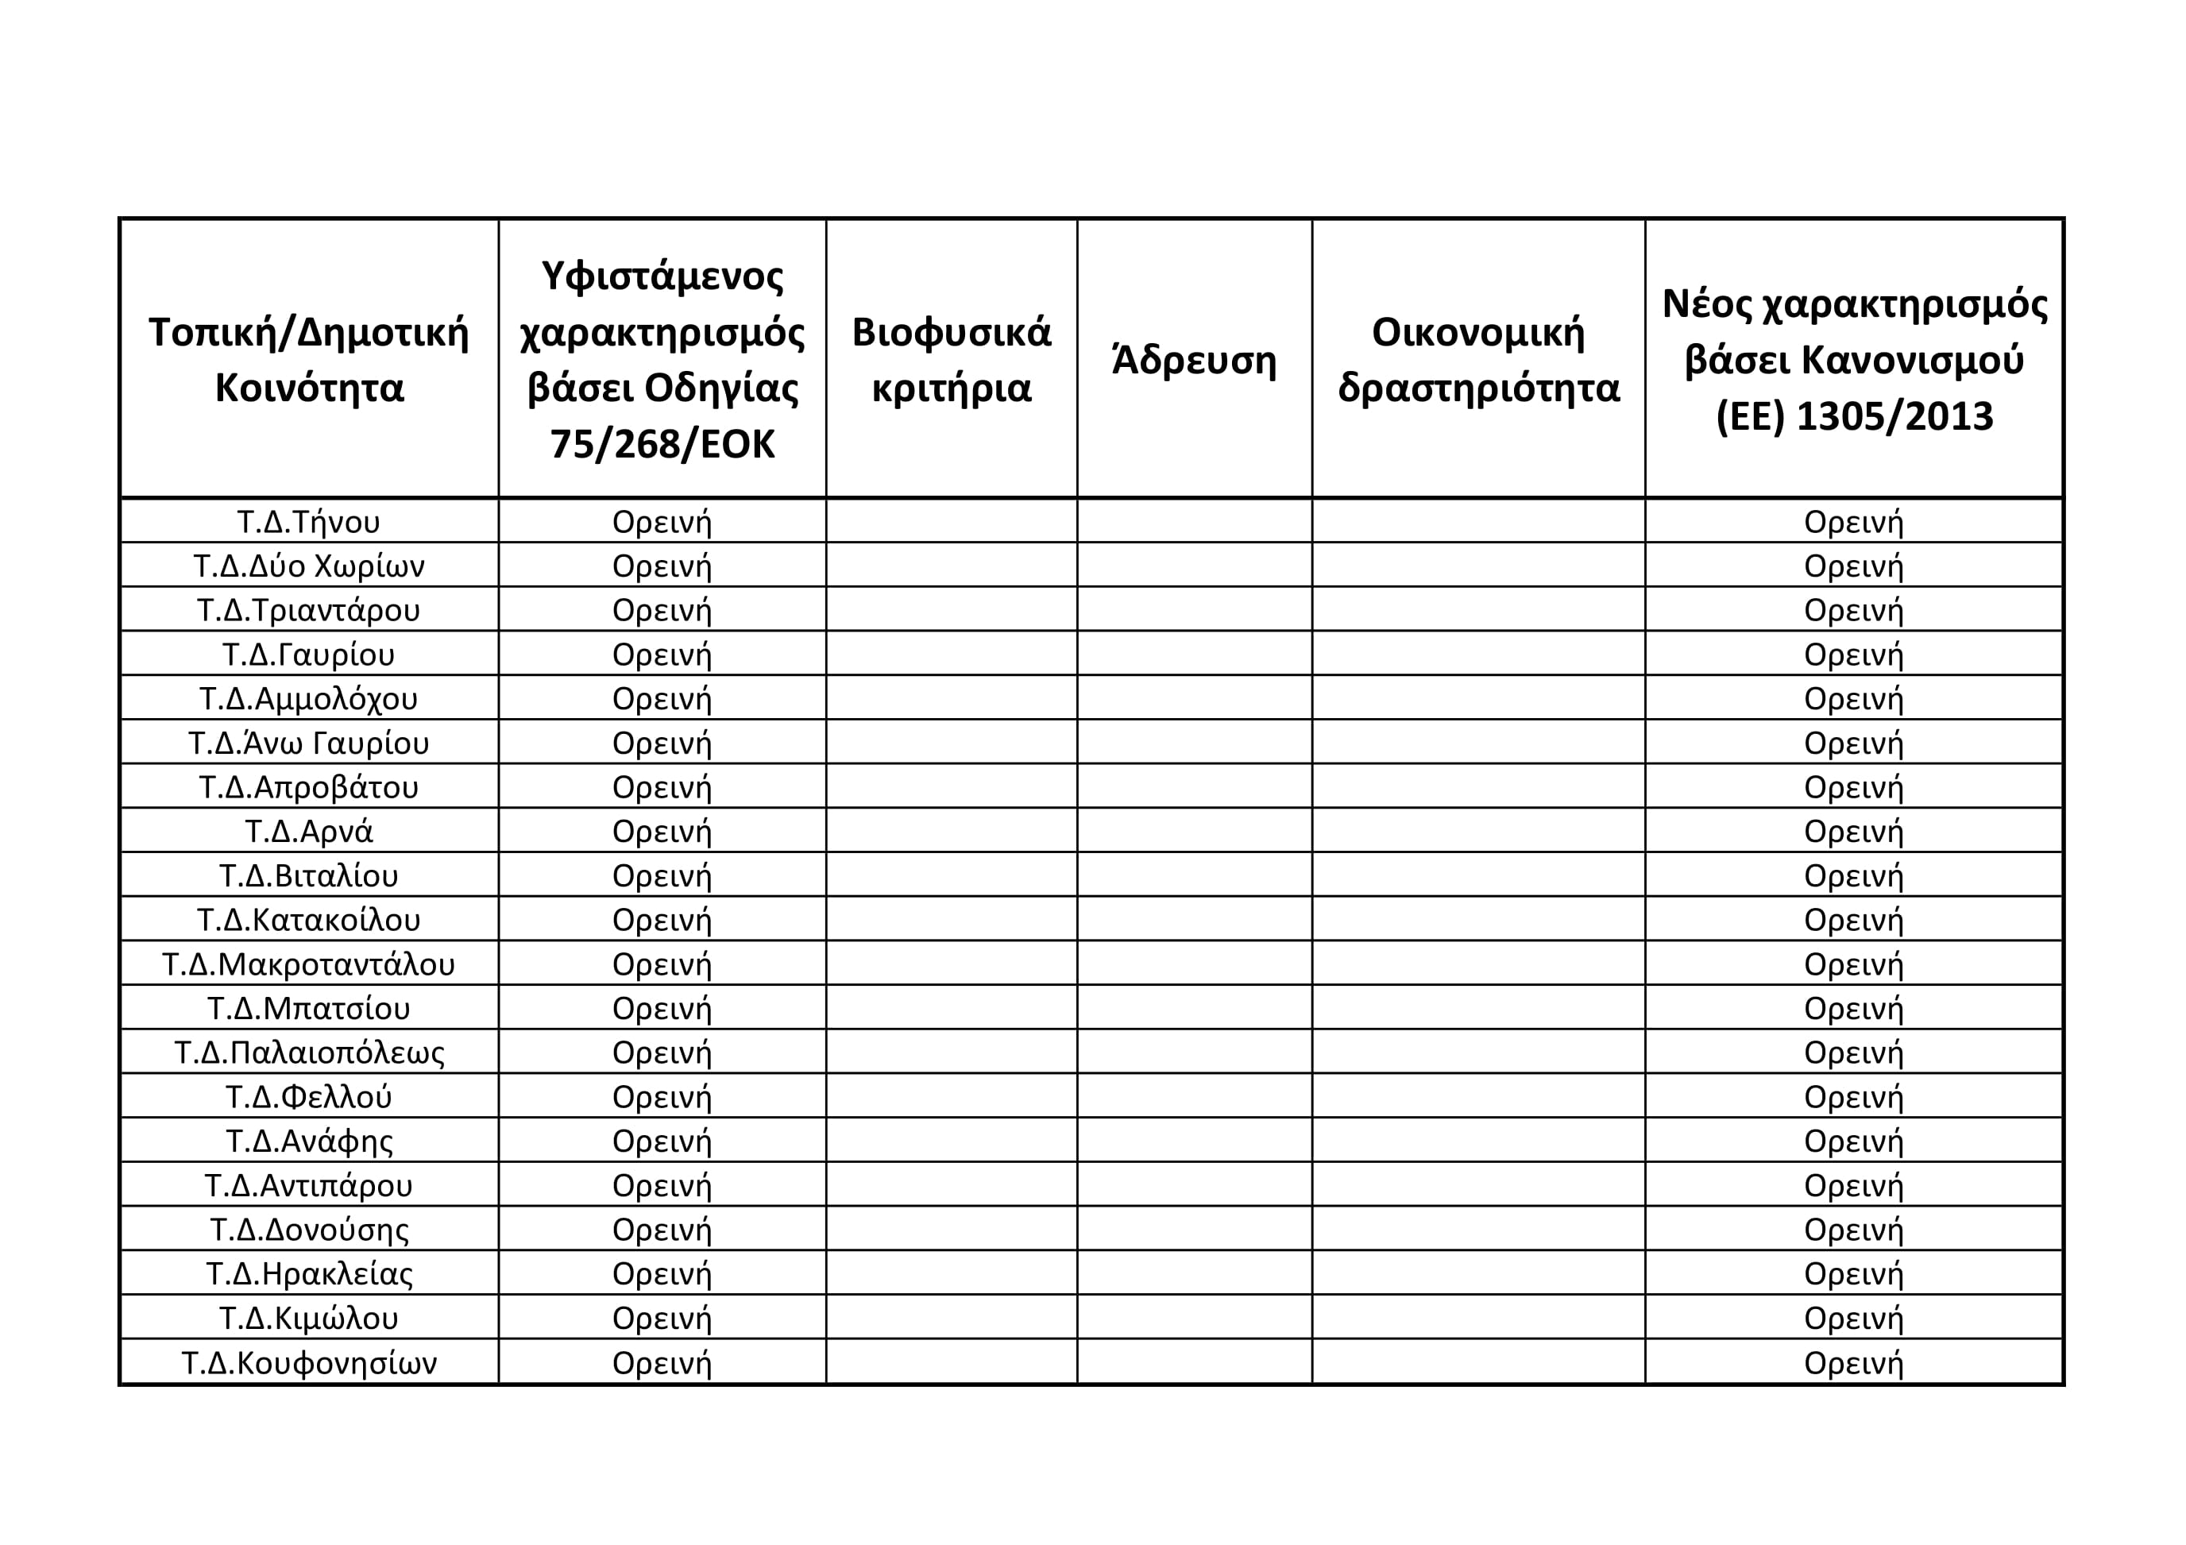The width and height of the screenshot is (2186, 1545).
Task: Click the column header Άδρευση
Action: pos(1194,360)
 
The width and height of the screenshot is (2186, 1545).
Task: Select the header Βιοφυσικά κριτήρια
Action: pos(951,360)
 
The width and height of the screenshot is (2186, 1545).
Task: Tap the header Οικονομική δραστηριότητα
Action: pos(1477,360)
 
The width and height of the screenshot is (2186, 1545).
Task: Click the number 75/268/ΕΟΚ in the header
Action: pos(662,443)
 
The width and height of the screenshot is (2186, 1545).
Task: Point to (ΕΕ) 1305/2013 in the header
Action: pos(1854,416)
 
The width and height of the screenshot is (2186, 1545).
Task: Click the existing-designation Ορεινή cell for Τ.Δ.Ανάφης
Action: pos(662,1141)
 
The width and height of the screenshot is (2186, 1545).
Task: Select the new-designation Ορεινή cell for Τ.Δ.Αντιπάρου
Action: pos(1854,1185)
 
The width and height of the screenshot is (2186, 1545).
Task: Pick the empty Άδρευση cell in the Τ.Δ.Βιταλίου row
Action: pos(1194,875)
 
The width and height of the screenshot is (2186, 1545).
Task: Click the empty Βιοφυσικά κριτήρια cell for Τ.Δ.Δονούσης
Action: pos(951,1229)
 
